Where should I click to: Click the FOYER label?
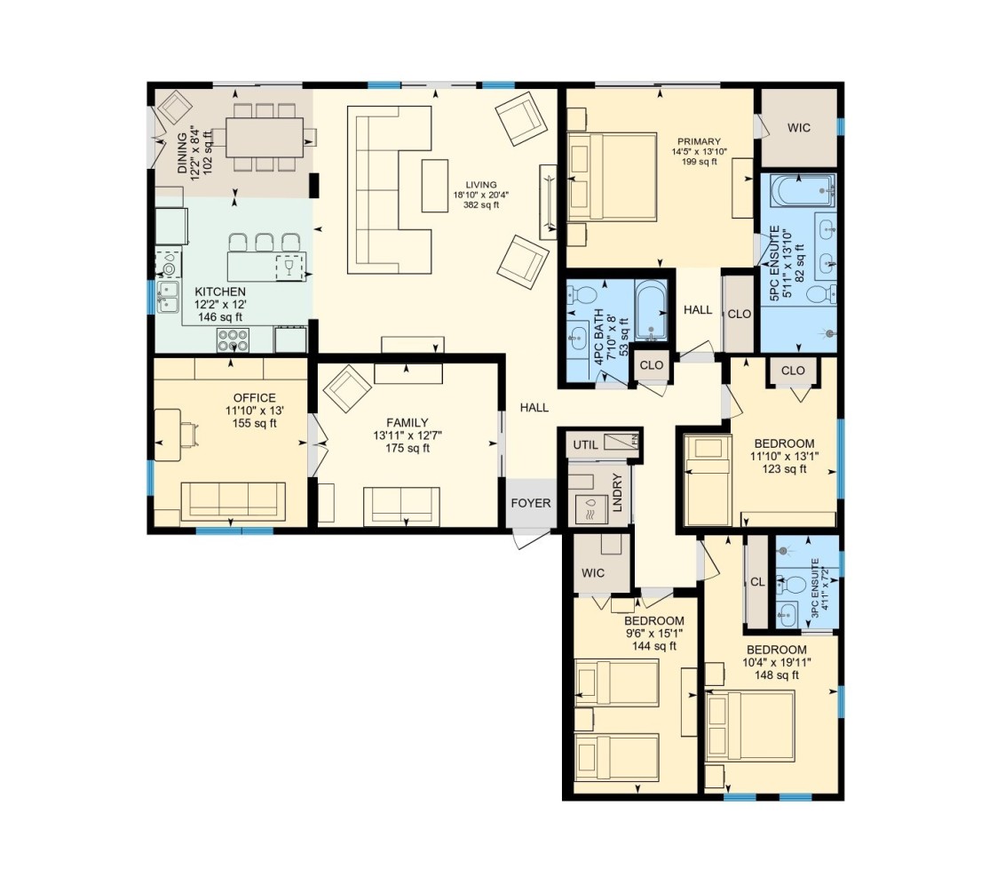coord(530,503)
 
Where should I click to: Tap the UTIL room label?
coord(585,444)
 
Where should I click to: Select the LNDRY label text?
coord(617,492)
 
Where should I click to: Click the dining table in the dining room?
coord(265,137)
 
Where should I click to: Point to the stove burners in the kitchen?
coord(233,339)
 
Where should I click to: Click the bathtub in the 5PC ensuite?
coord(803,190)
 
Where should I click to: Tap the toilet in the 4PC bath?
coord(582,295)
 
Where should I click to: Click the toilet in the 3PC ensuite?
coord(791,585)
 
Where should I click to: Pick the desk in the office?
coord(167,435)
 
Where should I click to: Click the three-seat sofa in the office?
coord(233,501)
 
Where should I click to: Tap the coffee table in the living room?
coord(434,186)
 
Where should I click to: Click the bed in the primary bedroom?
coord(612,177)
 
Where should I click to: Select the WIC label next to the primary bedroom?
coord(799,128)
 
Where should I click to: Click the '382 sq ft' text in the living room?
coord(480,205)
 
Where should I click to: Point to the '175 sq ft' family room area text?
coord(407,448)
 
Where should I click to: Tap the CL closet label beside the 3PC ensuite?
coord(757,582)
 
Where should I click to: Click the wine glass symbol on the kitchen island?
coord(287,265)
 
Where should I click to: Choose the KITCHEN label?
coord(220,291)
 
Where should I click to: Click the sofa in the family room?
coord(402,506)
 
